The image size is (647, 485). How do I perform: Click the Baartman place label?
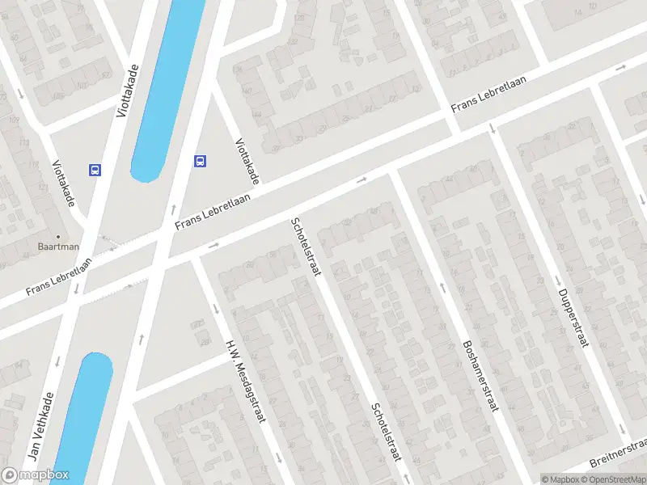pos(58,245)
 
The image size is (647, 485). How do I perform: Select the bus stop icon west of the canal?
pos(95,170)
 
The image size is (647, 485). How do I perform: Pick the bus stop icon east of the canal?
pos(200,161)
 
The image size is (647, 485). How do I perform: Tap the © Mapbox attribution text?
pos(560,479)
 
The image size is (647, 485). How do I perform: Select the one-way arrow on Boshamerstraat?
pos(442,286)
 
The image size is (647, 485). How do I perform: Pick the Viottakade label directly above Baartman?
pos(63,183)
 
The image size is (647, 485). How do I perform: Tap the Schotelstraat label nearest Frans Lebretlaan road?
pos(307,247)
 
